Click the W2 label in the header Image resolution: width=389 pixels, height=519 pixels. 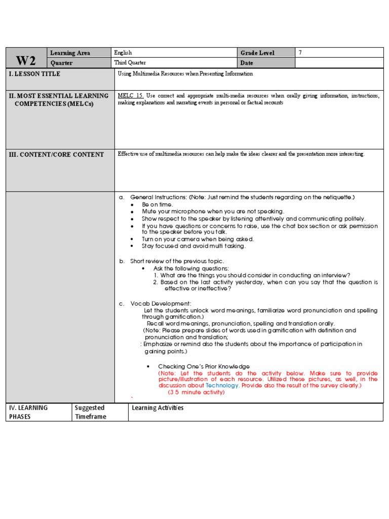tap(26, 60)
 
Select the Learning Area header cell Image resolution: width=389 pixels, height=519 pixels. tap(70, 53)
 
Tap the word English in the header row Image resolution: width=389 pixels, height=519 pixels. tap(123, 53)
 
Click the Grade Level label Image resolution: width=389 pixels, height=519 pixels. tap(257, 53)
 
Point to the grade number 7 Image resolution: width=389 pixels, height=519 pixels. tap(300, 53)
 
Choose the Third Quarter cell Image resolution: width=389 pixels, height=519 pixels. tap(131, 63)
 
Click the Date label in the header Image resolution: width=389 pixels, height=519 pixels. tap(247, 63)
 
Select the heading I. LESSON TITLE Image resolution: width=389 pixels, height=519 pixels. tap(34, 74)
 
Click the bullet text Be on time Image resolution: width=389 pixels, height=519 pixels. tap(157, 204)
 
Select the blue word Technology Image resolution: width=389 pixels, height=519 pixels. tap(222, 385)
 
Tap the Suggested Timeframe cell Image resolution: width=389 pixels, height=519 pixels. tap(90, 412)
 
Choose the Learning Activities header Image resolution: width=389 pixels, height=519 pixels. tap(158, 408)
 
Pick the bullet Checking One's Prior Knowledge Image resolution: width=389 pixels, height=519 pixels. tap(204, 366)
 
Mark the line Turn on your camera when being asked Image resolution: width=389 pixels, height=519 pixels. tap(198, 239)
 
